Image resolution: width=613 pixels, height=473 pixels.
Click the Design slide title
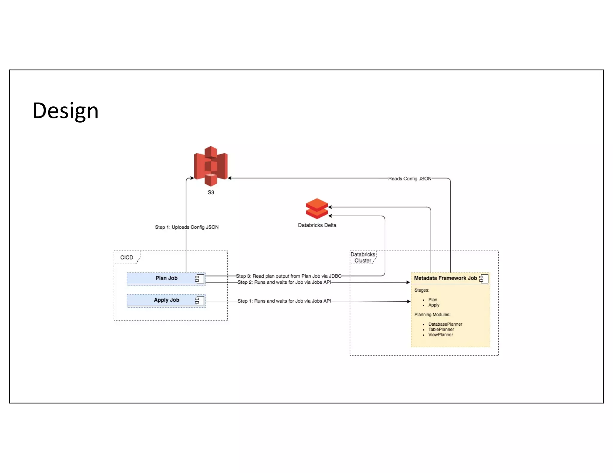65,111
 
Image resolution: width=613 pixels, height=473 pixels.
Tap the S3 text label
211,192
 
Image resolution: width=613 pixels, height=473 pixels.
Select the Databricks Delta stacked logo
317,208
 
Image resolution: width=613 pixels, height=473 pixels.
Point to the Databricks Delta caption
317,225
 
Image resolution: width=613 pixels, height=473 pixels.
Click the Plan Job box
166,278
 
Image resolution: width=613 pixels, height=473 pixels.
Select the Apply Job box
166,300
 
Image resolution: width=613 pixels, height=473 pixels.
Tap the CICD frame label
127,257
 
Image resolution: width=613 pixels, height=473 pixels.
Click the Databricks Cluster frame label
363,257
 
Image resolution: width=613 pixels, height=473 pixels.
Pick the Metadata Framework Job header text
445,278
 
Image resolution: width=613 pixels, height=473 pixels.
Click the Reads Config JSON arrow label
410,178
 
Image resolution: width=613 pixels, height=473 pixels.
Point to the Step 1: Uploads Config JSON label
187,227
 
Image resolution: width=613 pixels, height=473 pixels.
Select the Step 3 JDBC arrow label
289,276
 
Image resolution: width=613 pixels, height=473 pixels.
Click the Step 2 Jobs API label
284,282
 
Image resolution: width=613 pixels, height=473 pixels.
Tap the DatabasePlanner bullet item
445,324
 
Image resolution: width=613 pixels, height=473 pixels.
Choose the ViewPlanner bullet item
440,335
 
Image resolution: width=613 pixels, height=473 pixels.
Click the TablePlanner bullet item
441,329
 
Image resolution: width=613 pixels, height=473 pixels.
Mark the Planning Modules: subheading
432,315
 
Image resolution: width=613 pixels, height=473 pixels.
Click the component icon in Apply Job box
200,300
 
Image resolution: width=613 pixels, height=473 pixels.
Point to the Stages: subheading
422,290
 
